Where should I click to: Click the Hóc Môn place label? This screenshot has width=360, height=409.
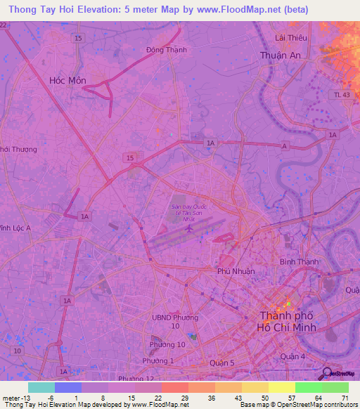[x=67, y=80]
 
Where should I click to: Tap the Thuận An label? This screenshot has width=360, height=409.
[x=280, y=56]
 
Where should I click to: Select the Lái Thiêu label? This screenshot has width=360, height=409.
[x=289, y=37]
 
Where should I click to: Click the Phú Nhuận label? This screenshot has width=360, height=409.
[x=236, y=271]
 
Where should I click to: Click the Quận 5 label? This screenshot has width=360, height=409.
[x=225, y=363]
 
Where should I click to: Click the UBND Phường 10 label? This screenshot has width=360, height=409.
[x=176, y=322]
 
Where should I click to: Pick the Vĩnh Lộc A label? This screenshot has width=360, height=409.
[x=15, y=228]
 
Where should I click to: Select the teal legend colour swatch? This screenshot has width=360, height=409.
[x=41, y=387]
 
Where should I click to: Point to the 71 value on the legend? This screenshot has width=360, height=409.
[x=345, y=398]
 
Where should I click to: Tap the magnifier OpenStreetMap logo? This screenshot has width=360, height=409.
[x=327, y=373]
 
